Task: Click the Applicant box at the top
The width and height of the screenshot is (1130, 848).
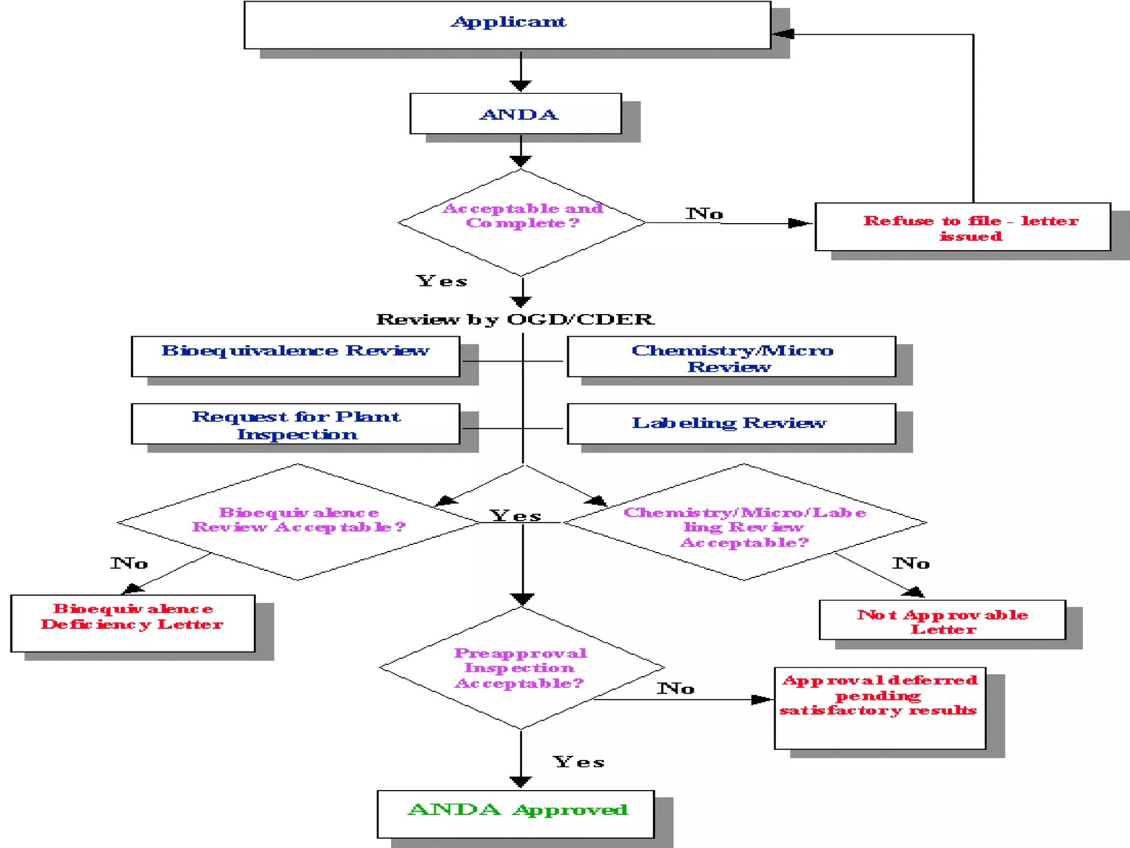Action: coord(507,25)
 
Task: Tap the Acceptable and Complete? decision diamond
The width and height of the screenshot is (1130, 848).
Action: coord(521,222)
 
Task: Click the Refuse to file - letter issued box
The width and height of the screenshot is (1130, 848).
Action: coord(963,227)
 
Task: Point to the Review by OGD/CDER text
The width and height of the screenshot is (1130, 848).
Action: coord(515,319)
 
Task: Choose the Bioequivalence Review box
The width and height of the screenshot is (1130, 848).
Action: coord(295,356)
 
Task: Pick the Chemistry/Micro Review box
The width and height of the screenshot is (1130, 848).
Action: coord(731,357)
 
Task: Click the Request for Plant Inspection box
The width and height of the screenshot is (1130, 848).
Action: coord(295,423)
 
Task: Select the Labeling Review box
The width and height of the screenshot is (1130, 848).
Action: coord(731,423)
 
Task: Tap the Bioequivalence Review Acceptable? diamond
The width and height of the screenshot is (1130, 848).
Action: coord(298,522)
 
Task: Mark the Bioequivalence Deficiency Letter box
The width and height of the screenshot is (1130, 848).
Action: coord(132,623)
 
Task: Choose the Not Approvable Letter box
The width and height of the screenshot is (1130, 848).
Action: coord(942,620)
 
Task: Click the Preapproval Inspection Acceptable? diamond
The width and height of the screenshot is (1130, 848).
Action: coord(521,668)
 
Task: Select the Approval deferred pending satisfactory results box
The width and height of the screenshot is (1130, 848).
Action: coord(880,708)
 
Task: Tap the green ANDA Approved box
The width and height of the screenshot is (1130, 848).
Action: coord(516,814)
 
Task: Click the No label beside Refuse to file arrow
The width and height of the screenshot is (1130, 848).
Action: coord(704,214)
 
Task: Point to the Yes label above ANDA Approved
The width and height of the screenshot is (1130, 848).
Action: coord(579,762)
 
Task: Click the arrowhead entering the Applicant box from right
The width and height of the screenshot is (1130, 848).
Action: coord(782,34)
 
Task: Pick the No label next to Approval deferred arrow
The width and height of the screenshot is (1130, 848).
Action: coord(675,688)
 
